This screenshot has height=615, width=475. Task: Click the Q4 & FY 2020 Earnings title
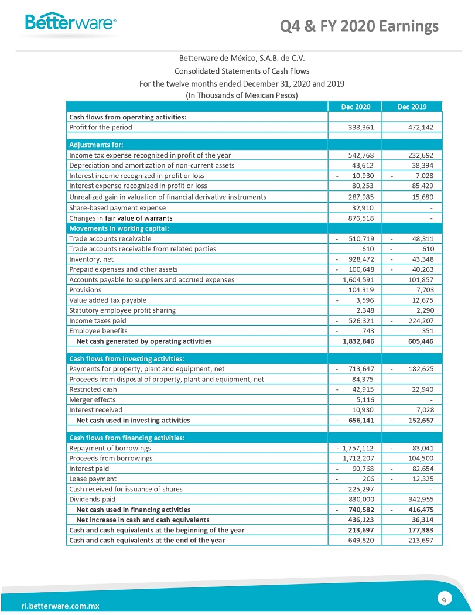point(360,26)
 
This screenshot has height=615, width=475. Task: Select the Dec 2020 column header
point(355,107)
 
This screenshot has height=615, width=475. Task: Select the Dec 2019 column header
point(412,107)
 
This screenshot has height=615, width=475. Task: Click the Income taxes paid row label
point(97,320)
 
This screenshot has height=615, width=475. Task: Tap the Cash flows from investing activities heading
point(127,358)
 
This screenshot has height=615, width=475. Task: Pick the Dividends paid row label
point(92,499)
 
